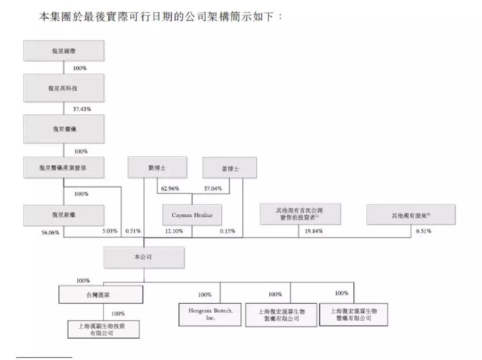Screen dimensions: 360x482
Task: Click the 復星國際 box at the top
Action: tap(63, 51)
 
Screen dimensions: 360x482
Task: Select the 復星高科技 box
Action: tap(63, 88)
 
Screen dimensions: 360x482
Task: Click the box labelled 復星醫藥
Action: tap(63, 128)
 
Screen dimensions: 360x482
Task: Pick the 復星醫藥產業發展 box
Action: tap(63, 167)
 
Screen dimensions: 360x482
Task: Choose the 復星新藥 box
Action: tap(63, 215)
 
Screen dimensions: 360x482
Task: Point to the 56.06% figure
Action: tap(50, 233)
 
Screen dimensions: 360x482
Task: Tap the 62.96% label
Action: tap(169, 187)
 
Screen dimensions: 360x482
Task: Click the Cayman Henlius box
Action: tap(192, 215)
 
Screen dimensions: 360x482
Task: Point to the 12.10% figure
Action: tap(174, 232)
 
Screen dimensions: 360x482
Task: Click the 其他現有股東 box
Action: tap(410, 215)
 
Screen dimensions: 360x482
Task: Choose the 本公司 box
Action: tap(144, 257)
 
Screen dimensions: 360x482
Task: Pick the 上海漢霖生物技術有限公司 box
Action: tap(101, 329)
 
